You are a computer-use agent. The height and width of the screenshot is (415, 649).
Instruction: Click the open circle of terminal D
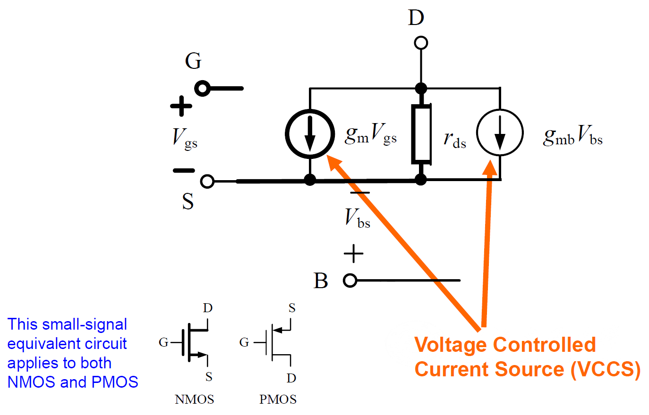point(421,43)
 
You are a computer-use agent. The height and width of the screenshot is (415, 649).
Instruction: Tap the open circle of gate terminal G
point(203,88)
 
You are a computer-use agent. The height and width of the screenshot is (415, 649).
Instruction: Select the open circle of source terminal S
point(207,181)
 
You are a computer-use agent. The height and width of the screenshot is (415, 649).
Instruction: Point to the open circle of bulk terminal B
point(350,281)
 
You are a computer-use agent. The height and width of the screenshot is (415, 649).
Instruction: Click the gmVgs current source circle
point(310,134)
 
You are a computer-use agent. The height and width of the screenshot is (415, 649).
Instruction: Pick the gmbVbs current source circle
point(500,133)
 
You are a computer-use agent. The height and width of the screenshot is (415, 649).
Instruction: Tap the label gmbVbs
point(572,136)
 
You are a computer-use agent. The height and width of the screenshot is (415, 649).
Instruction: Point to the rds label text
point(454,139)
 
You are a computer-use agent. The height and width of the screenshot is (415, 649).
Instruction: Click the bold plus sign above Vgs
point(181,106)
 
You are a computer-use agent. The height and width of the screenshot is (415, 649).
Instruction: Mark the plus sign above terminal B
point(353,254)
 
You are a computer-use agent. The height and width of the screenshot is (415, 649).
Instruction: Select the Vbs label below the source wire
point(357,218)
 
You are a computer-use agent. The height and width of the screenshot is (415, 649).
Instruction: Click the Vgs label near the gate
point(185,138)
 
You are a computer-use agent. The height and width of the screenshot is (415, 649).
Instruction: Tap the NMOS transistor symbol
point(191,342)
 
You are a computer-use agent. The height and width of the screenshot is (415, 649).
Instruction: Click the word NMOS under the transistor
point(194,399)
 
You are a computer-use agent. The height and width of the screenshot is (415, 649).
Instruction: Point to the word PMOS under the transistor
point(278,399)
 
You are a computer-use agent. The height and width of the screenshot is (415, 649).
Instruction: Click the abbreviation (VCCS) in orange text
point(606,369)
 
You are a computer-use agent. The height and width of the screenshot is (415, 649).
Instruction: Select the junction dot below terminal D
point(421,88)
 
